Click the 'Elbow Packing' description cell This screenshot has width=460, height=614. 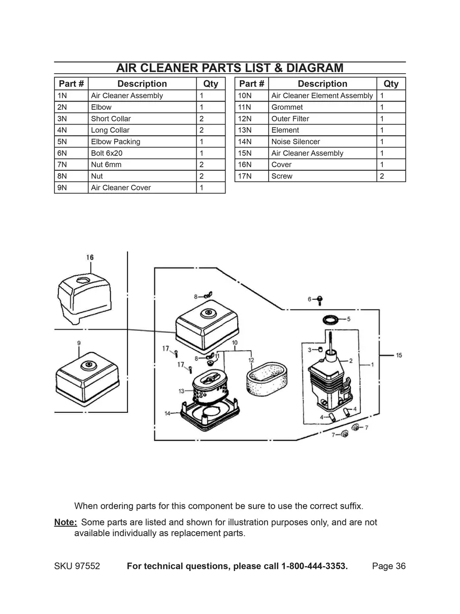tap(116, 142)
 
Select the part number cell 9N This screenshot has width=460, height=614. tap(62, 188)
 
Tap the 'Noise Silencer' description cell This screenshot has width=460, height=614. tap(295, 142)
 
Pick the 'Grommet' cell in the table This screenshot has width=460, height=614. tap(287, 107)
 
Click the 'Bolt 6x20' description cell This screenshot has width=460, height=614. tap(107, 153)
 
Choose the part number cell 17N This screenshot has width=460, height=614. tap(245, 176)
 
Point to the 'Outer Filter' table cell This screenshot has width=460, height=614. tap(290, 119)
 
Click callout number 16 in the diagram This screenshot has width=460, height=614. tap(90, 258)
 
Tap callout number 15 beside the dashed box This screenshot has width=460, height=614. tap(399, 355)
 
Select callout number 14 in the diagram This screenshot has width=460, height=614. tap(167, 413)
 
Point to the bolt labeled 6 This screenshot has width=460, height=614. tap(320, 300)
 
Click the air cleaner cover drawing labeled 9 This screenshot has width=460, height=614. tap(86, 379)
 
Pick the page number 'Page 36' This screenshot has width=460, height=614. tap(388, 566)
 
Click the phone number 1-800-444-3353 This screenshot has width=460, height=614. tap(314, 566)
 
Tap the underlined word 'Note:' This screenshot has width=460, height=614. tap(65, 522)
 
